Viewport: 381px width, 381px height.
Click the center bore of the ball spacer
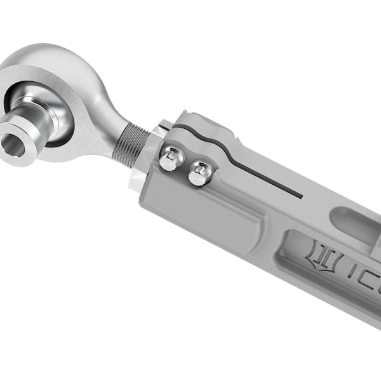point(18,144)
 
